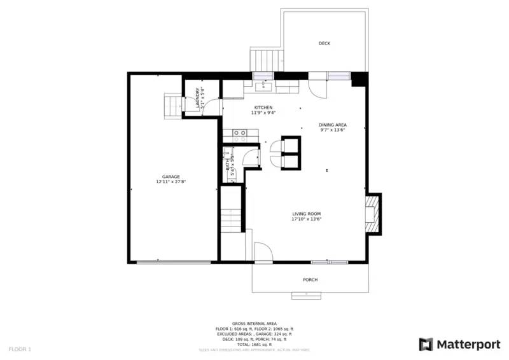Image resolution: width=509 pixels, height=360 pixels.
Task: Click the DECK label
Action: [324, 43]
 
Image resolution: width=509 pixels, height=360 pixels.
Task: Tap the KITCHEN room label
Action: [263, 107]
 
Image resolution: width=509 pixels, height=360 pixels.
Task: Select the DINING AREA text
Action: [333, 125]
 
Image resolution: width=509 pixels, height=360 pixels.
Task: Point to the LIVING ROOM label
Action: [306, 214]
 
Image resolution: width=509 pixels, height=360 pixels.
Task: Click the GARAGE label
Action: [171, 177]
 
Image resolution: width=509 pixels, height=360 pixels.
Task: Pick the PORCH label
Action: [310, 280]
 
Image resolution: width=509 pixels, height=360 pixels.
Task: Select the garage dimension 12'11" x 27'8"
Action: [171, 182]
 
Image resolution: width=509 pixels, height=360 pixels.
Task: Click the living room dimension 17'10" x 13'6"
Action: [306, 219]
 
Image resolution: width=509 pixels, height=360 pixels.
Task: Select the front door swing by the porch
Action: [262, 252]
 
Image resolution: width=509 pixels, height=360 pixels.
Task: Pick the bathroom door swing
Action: [253, 155]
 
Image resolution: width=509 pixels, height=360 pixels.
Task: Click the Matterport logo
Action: [459, 344]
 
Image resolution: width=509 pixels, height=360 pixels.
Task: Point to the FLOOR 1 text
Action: [20, 349]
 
